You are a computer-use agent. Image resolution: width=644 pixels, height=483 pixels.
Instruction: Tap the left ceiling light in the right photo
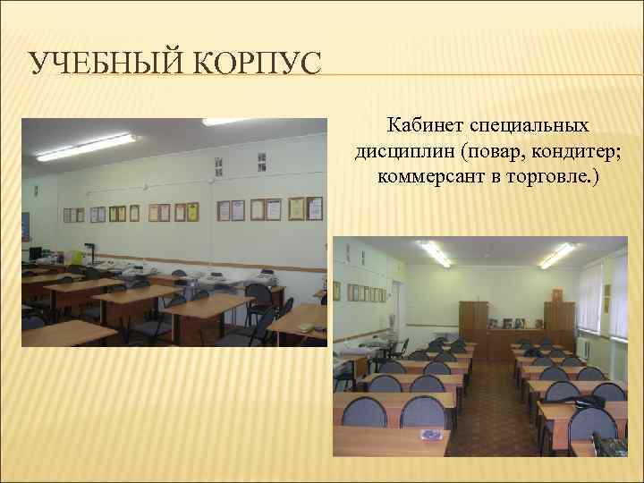[x=436, y=254]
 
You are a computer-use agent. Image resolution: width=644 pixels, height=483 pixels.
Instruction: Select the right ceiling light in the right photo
[x=557, y=256]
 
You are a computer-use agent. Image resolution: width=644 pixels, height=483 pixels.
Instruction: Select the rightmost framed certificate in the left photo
[x=314, y=208]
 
